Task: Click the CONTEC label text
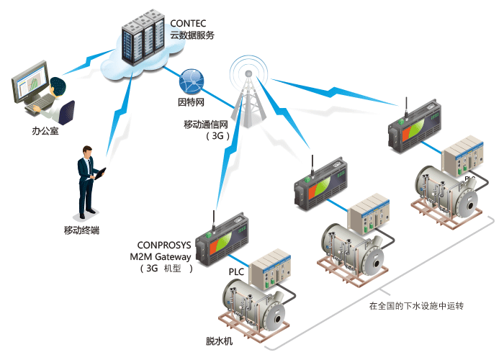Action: (188, 24)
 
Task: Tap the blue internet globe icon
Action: (192, 81)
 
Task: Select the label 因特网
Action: (192, 102)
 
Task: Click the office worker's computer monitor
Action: (30, 81)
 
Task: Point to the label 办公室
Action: (45, 131)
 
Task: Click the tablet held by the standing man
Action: (100, 174)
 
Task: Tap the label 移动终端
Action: (81, 230)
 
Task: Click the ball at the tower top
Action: (248, 74)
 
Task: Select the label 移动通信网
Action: (206, 125)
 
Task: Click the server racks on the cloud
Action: (143, 37)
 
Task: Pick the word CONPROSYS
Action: (164, 246)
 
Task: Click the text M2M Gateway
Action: (160, 257)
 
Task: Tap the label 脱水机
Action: (219, 341)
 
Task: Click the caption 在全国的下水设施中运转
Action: (416, 306)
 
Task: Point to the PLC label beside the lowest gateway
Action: (236, 272)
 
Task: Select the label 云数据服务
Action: (192, 35)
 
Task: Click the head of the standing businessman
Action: (87, 151)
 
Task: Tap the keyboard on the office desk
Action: (40, 104)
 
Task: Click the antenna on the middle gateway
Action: (312, 166)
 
